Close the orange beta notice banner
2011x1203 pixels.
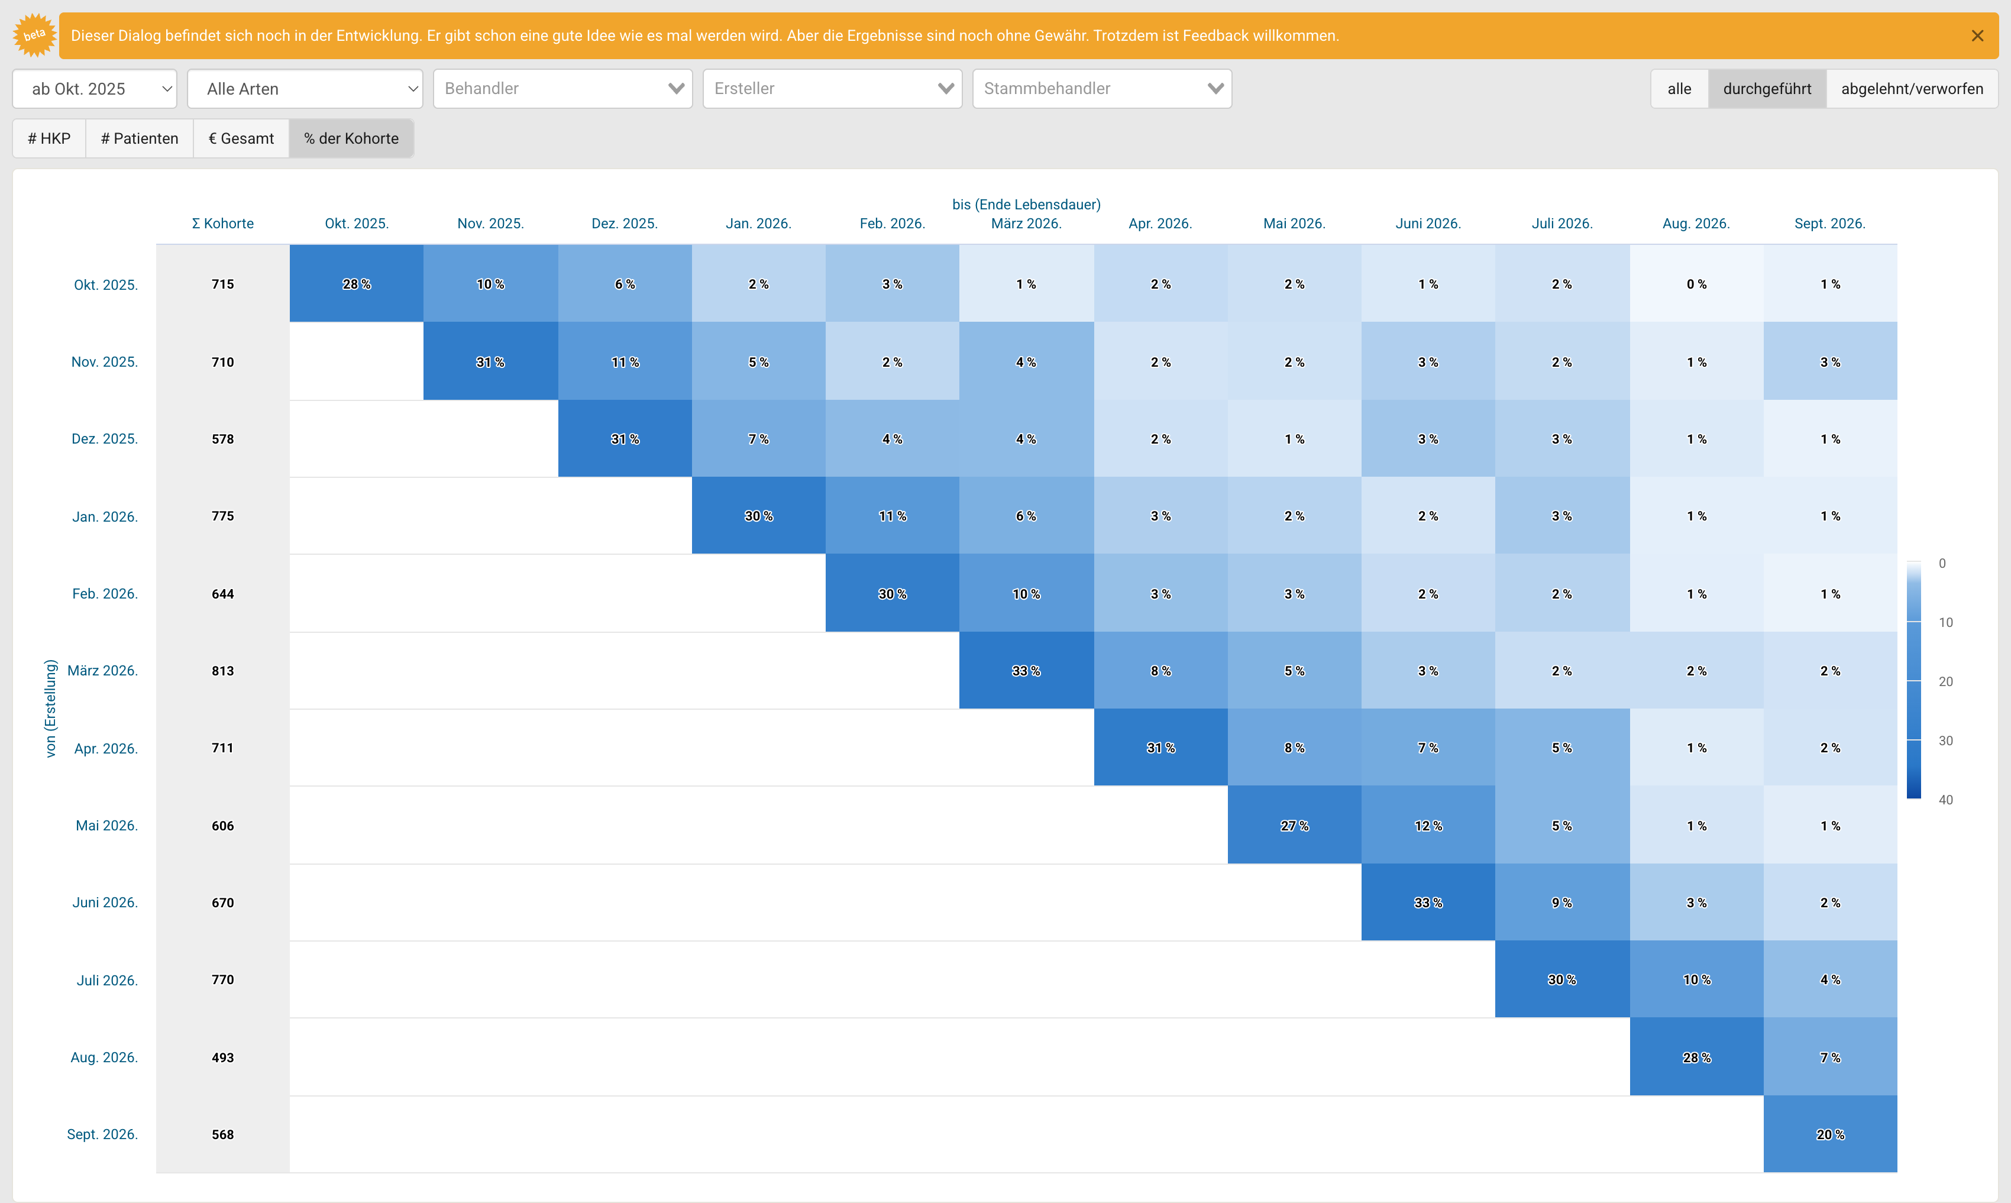[1977, 35]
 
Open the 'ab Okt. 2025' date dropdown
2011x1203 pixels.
[95, 88]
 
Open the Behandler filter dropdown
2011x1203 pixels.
[562, 88]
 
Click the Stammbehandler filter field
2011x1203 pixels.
[1101, 88]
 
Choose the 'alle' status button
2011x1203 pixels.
[1680, 88]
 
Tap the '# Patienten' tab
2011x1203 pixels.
[140, 138]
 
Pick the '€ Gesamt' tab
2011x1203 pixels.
[241, 138]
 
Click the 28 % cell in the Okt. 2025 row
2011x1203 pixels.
[357, 284]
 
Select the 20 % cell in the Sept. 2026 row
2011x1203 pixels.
[1830, 1134]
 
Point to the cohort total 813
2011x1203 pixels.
[223, 671]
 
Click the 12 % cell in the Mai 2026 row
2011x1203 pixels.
[1428, 825]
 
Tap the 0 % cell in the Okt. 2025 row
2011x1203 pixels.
[1696, 284]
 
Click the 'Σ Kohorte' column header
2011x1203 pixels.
[223, 224]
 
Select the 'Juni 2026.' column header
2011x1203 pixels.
[1428, 224]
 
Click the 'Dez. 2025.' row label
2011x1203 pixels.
[105, 439]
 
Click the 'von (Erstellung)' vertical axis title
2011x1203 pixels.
[51, 709]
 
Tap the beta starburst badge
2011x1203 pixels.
[35, 35]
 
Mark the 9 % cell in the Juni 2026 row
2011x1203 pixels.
[1562, 903]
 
